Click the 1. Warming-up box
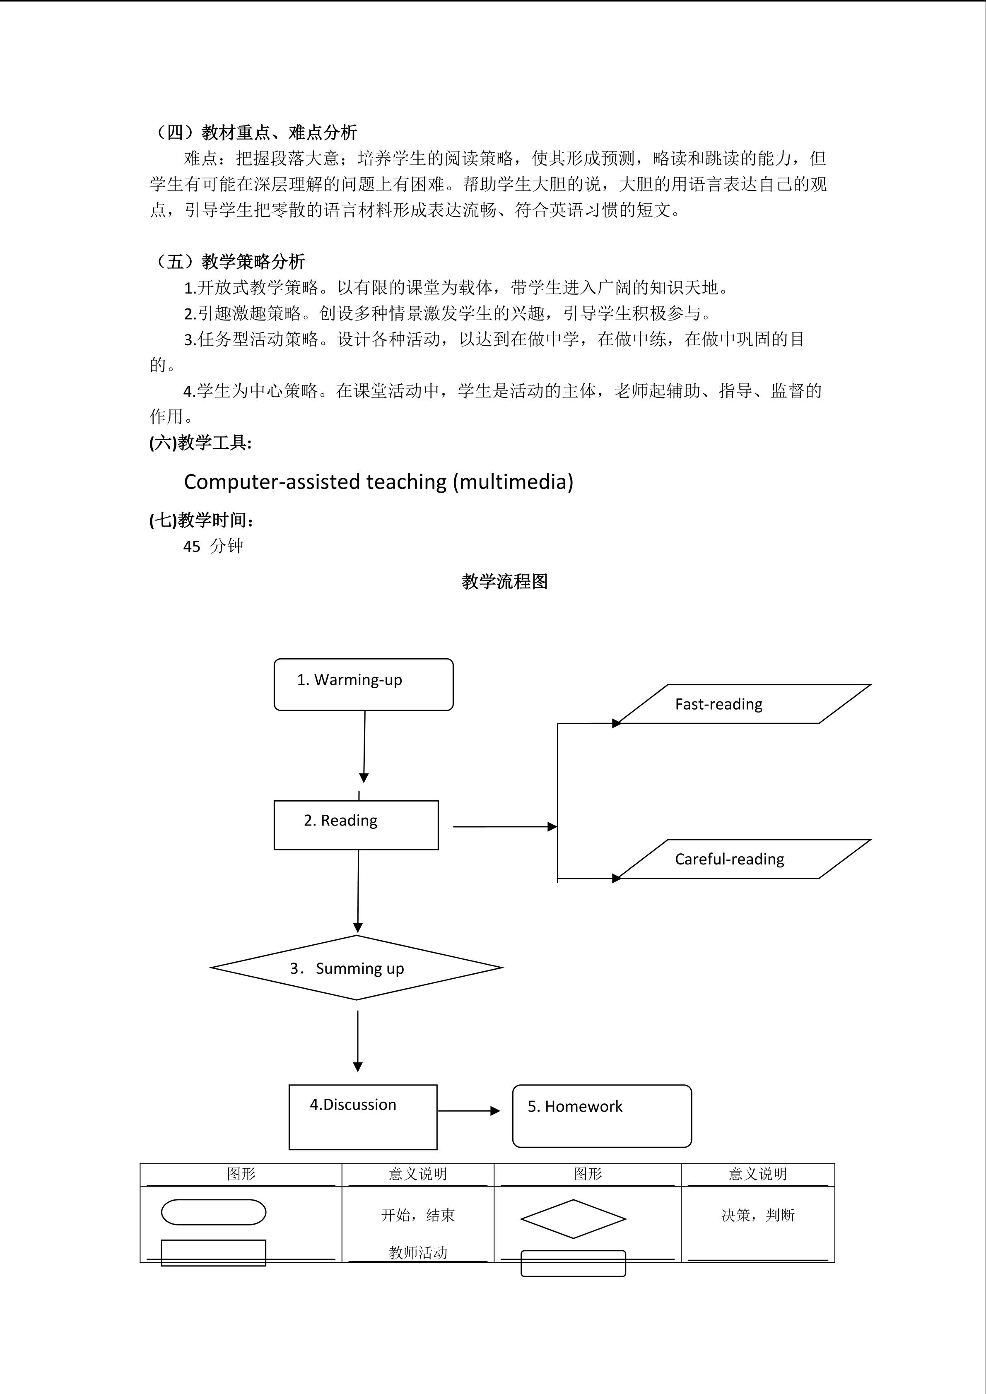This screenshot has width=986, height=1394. pyautogui.click(x=363, y=684)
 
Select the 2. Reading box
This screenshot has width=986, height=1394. pyautogui.click(x=356, y=824)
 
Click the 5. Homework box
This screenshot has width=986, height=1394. pyautogui.click(x=602, y=1116)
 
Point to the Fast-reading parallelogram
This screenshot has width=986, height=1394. pyautogui.click(x=744, y=704)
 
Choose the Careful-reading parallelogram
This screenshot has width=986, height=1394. pyautogui.click(x=744, y=859)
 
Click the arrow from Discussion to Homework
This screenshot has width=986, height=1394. pyautogui.click(x=469, y=1110)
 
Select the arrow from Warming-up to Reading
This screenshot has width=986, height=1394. pyautogui.click(x=364, y=747)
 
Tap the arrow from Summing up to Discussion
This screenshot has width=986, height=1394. pyautogui.click(x=358, y=1042)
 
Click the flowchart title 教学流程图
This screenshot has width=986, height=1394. pyautogui.click(x=504, y=582)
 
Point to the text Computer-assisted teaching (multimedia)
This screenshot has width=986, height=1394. pyautogui.click(x=378, y=482)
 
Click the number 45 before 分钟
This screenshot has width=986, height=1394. pyautogui.click(x=192, y=547)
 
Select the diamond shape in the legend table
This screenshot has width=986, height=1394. pyautogui.click(x=573, y=1218)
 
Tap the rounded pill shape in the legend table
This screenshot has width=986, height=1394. pyautogui.click(x=213, y=1212)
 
